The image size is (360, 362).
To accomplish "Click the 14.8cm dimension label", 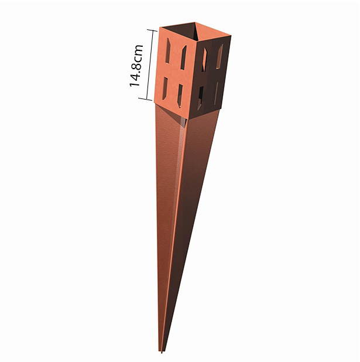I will pyautogui.click(x=137, y=64).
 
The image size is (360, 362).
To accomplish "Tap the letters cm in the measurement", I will pyautogui.click(x=137, y=50).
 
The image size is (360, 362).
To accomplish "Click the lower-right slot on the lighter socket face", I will pyautogui.click(x=180, y=94).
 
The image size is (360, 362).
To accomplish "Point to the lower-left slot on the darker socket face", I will pyautogui.click(x=202, y=94).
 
